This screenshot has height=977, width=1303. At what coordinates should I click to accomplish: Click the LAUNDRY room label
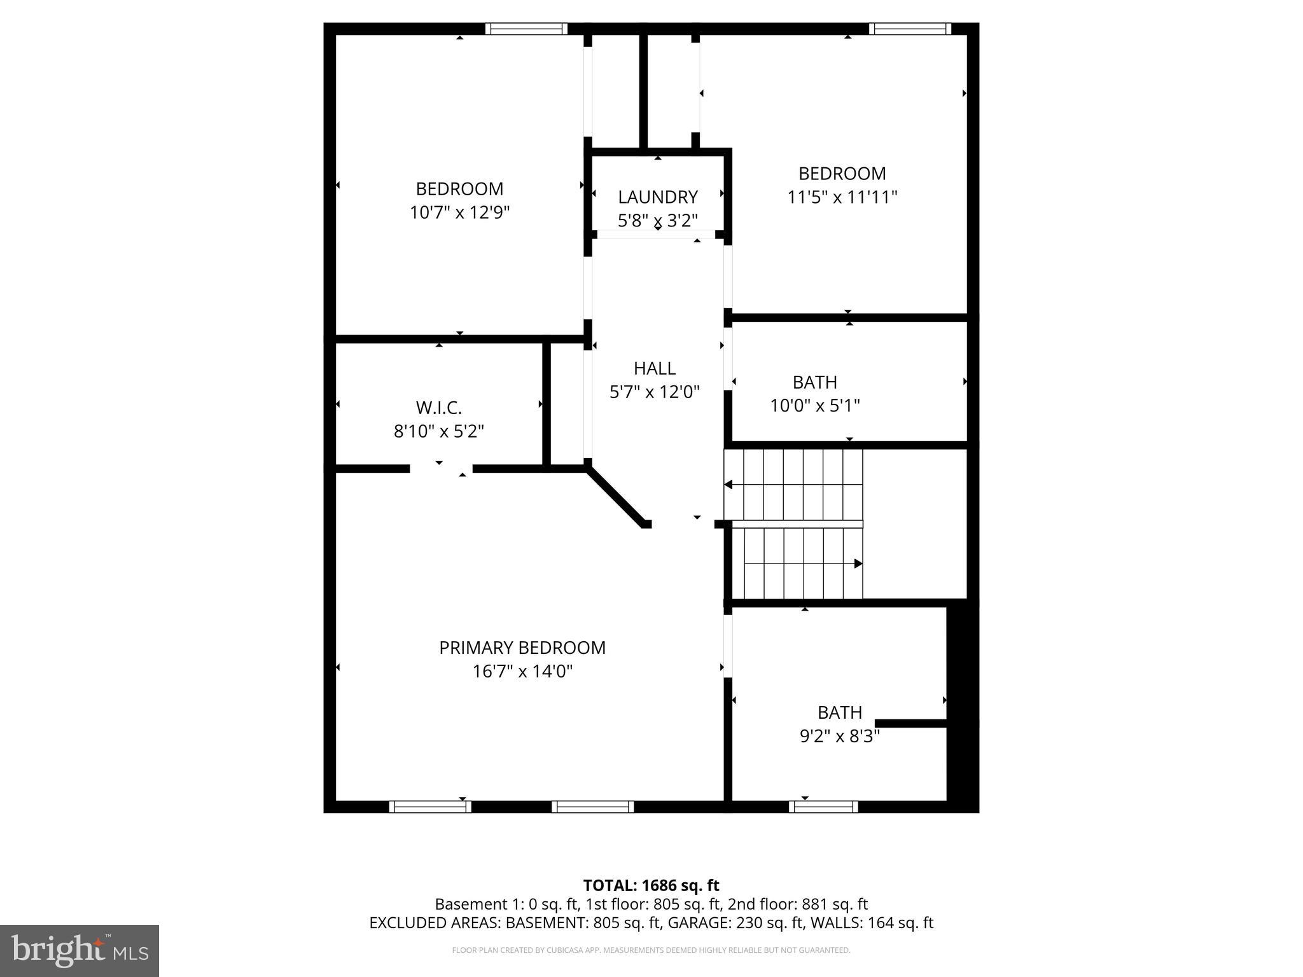pyautogui.click(x=658, y=197)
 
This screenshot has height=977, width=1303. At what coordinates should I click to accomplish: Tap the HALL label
pyautogui.click(x=655, y=368)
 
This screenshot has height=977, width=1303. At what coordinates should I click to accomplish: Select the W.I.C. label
pyautogui.click(x=438, y=408)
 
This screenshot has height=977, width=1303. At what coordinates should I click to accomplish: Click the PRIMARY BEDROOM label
pyautogui.click(x=522, y=648)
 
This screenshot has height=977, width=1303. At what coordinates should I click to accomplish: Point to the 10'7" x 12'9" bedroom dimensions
pyautogui.click(x=459, y=212)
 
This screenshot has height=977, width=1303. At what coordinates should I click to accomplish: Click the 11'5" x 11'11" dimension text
pyautogui.click(x=842, y=197)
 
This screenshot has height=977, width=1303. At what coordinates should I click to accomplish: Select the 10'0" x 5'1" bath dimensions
pyautogui.click(x=815, y=406)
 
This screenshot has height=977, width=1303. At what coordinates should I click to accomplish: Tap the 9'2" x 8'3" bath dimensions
pyautogui.click(x=839, y=737)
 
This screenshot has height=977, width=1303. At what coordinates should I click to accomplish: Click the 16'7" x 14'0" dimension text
pyautogui.click(x=522, y=672)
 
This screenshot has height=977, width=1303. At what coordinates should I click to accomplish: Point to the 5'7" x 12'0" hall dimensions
pyautogui.click(x=655, y=392)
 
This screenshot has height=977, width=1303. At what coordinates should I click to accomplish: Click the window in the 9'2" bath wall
pyautogui.click(x=823, y=807)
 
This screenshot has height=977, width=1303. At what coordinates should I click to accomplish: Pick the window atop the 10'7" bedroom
pyautogui.click(x=526, y=29)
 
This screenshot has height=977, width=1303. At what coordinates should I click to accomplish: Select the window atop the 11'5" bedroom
pyautogui.click(x=910, y=29)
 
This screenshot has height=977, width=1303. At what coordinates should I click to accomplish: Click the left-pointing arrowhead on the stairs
pyautogui.click(x=729, y=485)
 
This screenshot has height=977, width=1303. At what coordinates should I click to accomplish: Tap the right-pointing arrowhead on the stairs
pyautogui.click(x=858, y=564)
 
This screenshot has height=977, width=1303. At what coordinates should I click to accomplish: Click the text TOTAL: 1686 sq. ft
pyautogui.click(x=651, y=885)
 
